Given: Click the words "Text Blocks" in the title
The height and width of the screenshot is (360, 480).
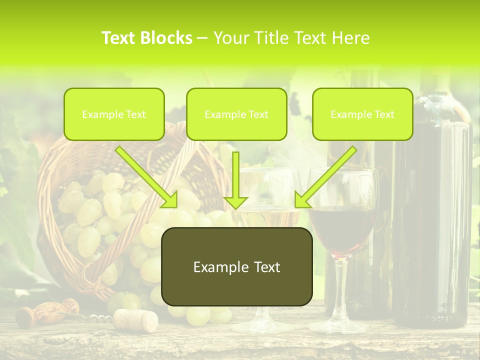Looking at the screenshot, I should coord(147,38).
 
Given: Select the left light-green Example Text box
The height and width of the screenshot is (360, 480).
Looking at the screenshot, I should coord(114,114).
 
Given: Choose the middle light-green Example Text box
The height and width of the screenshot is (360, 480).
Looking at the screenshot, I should coord(236,114).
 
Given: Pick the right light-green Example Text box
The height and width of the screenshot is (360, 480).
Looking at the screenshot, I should coord(362,114).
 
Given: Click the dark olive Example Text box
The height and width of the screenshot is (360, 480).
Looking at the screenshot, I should coord(236,267).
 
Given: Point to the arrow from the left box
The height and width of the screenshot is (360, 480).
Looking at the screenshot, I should coord(146,177).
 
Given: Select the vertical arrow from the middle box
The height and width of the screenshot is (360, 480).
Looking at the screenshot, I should coord(235,180).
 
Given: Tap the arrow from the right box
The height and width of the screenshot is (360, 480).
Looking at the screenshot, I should coord(325,177).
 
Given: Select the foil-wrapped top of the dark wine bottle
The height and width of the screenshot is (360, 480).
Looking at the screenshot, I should coord(440,102).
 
